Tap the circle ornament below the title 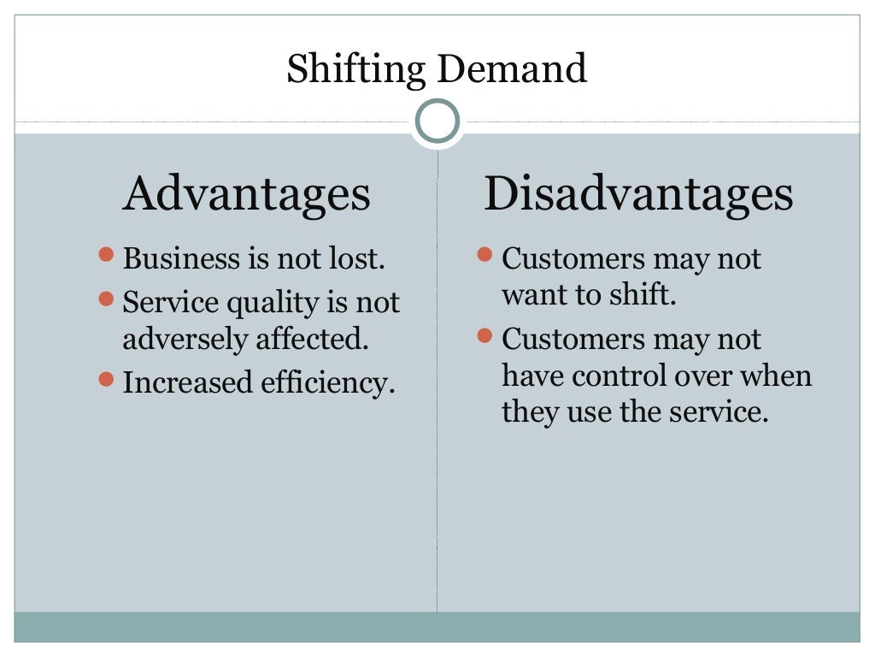(x=437, y=122)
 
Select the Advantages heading (x=246, y=194)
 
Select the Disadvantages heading (x=638, y=194)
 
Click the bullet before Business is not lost (x=106, y=254)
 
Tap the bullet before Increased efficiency (x=106, y=377)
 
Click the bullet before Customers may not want (x=484, y=254)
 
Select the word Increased (x=188, y=382)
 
